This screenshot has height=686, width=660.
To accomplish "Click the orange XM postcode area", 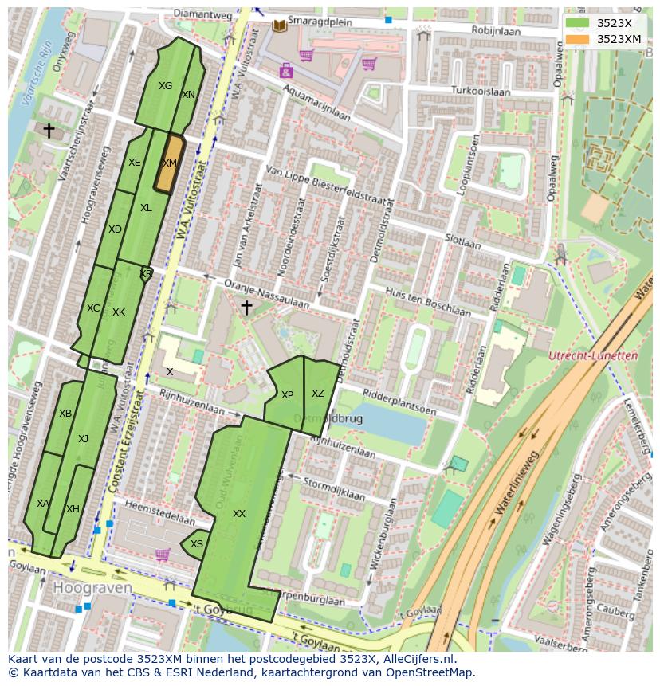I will pyautogui.click(x=168, y=163).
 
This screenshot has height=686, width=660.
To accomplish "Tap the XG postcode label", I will pyautogui.click(x=165, y=86).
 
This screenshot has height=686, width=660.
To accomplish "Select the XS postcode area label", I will pyautogui.click(x=197, y=544).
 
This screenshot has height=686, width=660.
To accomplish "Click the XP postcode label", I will pyautogui.click(x=287, y=395).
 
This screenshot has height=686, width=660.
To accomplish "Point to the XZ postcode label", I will pyautogui.click(x=318, y=394).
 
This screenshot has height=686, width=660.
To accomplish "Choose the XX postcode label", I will pyautogui.click(x=239, y=514).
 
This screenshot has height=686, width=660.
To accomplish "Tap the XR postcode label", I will pyautogui.click(x=146, y=274).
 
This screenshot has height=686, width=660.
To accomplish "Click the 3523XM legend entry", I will pyautogui.click(x=619, y=38).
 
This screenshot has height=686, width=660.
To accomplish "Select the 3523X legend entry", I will pyautogui.click(x=614, y=22).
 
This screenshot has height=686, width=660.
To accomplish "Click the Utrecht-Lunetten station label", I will pyautogui.click(x=595, y=356).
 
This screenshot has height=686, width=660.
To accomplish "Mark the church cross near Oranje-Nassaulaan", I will pyautogui.click(x=246, y=307).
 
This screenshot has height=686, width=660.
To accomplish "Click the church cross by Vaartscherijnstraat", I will pyautogui.click(x=49, y=130).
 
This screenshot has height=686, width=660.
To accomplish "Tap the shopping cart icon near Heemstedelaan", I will pyautogui.click(x=163, y=555).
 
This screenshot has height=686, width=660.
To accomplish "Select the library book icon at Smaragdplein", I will pyautogui.click(x=279, y=26).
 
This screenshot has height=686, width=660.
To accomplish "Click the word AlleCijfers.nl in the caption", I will pyautogui.click(x=416, y=659).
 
